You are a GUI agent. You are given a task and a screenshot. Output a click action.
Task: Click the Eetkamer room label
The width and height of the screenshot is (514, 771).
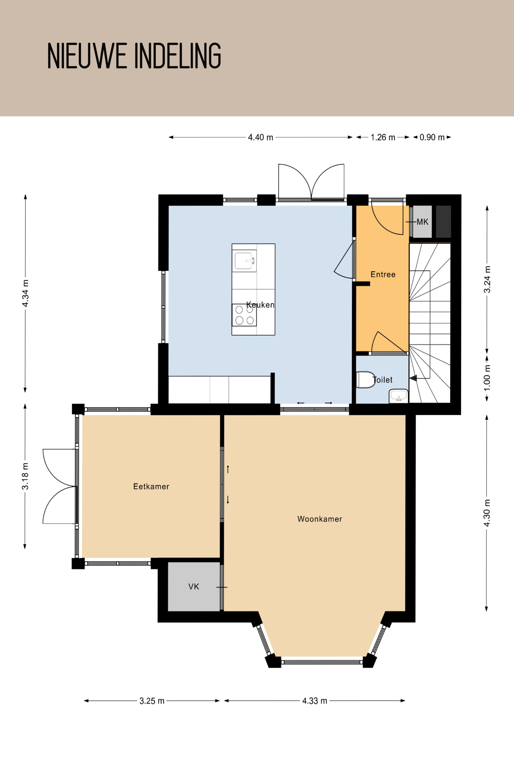[x=151, y=486]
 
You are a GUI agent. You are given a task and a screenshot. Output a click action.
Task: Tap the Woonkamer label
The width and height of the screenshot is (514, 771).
[x=320, y=519]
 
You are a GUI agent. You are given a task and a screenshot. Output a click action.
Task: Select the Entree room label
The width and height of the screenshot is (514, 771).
[x=383, y=274]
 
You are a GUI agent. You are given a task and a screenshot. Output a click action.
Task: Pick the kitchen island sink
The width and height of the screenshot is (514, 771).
[x=244, y=261]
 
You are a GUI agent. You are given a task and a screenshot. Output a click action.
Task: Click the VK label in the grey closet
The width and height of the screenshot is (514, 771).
[x=193, y=586]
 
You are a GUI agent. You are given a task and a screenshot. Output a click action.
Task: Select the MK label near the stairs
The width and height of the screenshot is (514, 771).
[x=423, y=222]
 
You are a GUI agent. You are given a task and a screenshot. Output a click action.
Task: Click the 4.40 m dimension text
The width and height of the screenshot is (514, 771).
[x=260, y=137]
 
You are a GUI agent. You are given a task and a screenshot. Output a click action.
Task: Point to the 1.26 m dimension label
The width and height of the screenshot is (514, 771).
[x=383, y=137]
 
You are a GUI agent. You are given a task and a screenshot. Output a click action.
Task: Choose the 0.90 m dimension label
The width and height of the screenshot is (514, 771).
[x=432, y=137]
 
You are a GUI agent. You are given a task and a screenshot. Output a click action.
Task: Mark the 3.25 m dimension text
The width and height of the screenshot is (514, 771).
[x=152, y=701]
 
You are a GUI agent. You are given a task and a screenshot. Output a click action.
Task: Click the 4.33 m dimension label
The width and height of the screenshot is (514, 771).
[x=315, y=701]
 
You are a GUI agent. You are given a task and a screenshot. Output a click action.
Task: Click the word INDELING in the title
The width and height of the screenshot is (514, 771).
[x=178, y=56]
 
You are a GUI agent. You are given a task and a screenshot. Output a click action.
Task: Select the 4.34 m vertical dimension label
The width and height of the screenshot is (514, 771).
[x=25, y=293]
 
